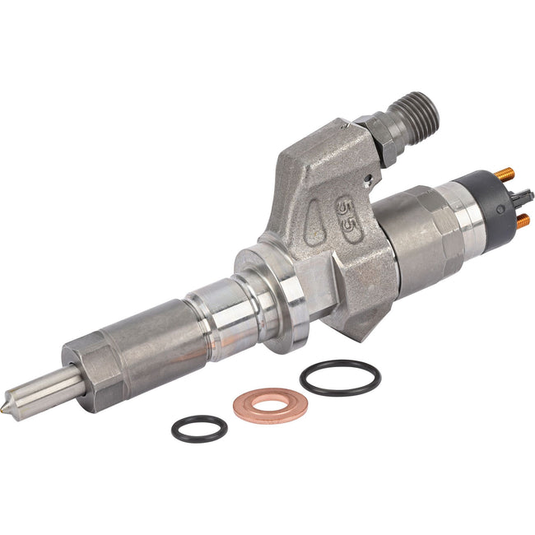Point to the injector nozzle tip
coord(7,407)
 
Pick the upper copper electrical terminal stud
coord(505,174)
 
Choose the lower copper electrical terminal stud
coord(523,221)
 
